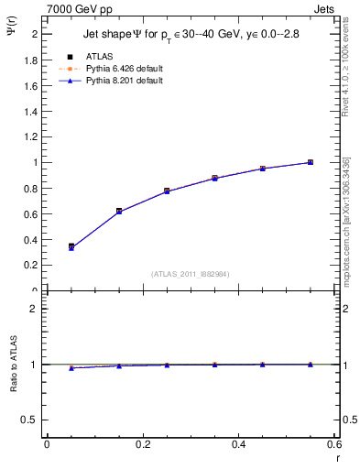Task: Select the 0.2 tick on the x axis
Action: click(143, 444)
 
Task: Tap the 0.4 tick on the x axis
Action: click(239, 444)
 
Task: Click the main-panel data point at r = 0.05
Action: click(71, 246)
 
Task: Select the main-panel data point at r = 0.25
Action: click(167, 191)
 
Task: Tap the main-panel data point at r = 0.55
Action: click(311, 162)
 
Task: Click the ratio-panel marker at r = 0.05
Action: click(71, 367)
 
